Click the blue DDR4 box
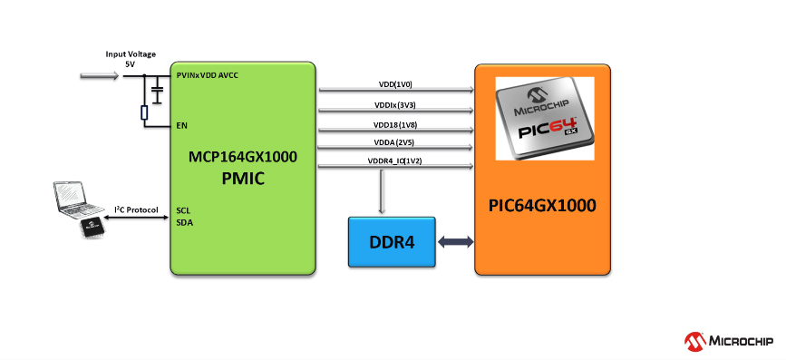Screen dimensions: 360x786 (x=392, y=242)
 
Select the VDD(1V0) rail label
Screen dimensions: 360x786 (x=395, y=83)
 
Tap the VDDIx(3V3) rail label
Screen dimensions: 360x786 (x=395, y=104)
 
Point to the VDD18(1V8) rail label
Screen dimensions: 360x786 (x=395, y=124)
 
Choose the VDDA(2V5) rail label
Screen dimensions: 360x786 (x=395, y=143)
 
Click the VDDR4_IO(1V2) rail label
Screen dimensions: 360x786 (x=395, y=161)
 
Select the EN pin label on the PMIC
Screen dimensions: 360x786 (x=181, y=125)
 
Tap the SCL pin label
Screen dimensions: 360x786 (x=183, y=209)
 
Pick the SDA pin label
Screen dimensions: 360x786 (x=183, y=221)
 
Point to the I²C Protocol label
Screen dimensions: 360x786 (x=137, y=209)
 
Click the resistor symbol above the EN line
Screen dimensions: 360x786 (x=144, y=112)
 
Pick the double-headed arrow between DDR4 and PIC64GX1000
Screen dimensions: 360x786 (x=455, y=242)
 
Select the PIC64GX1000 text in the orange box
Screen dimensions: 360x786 (x=542, y=205)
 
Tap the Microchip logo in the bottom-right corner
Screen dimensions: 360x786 (x=728, y=341)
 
